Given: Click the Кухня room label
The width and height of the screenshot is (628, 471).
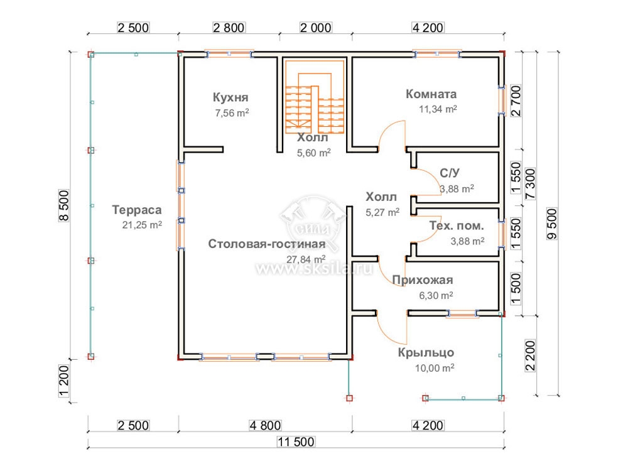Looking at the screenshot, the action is point(230,97).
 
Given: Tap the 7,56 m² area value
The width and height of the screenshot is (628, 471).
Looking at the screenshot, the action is point(232,113).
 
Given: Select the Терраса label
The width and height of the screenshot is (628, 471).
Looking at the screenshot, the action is point(137,210).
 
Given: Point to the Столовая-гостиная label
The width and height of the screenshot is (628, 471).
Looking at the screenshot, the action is point(267,244).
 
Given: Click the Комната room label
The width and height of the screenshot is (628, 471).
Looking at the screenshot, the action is point(431,94).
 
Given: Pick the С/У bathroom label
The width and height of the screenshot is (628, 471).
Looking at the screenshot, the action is point(450,173).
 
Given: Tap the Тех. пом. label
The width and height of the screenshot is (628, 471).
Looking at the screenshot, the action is point(457,226).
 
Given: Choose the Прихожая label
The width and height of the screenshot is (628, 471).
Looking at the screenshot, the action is point(423,280).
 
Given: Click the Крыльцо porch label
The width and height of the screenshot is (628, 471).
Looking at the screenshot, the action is point(426,353).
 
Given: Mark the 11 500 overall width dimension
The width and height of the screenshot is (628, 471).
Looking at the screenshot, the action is point(296,441).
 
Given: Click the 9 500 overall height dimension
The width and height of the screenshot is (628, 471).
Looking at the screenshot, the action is point(552,224).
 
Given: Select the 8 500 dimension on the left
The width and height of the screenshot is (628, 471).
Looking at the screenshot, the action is point(64,205).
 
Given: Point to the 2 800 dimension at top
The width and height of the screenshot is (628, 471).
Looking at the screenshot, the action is point(229,28).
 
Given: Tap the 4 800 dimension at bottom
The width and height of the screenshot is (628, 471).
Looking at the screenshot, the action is point(265,425).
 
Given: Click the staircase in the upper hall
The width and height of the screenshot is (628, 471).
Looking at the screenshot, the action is point(315,97).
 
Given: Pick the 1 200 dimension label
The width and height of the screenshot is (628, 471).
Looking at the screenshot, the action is point(64,381).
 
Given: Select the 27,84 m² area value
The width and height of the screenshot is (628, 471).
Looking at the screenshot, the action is point(306,259).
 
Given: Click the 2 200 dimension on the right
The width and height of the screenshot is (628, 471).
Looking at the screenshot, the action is point(530,356).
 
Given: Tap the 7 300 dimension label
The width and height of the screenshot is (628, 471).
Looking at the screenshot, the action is point(530,184).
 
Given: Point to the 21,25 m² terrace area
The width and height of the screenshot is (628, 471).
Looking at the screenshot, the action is point(142,225).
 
